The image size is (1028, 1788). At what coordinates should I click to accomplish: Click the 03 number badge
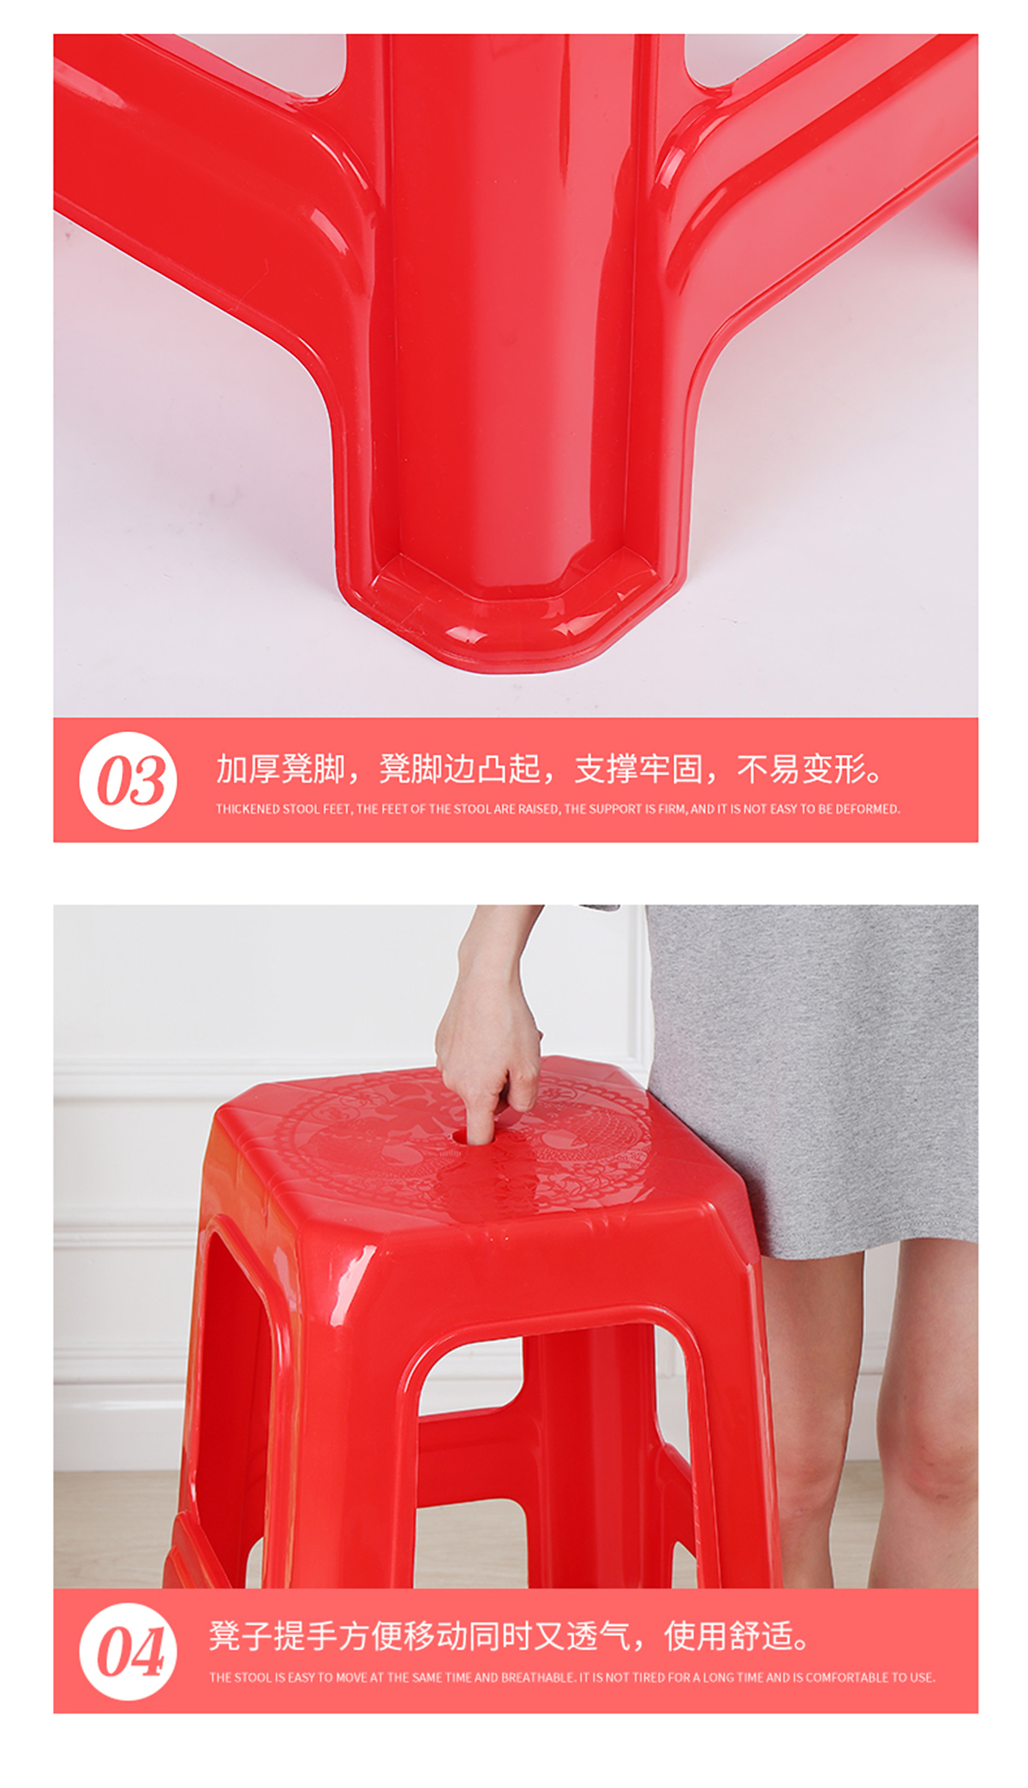(128, 780)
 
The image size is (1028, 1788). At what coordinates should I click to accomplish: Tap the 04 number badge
(128, 1652)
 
